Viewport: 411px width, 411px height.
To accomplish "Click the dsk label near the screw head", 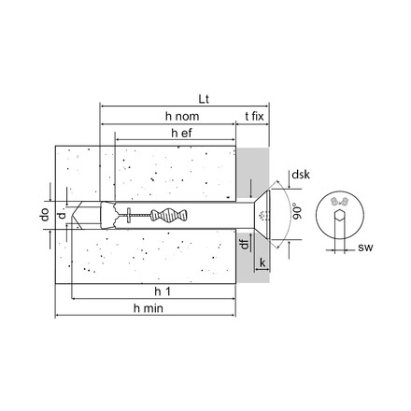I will click(300, 175).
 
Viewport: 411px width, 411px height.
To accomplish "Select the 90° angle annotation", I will click(296, 209).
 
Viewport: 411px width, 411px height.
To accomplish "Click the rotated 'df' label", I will click(242, 246).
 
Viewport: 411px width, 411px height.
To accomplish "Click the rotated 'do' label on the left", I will click(44, 215).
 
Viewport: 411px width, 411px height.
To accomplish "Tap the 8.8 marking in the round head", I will click(341, 202).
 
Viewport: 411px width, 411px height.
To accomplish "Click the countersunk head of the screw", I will click(262, 215).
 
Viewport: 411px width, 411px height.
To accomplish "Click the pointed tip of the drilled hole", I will click(80, 215).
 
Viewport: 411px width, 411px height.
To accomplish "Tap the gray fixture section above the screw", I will click(251, 168).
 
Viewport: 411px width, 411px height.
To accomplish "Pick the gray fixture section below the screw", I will click(251, 266).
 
